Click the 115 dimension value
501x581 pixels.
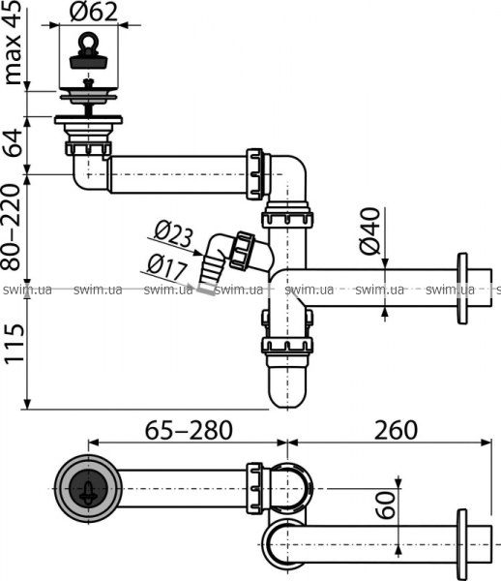pos(15,344)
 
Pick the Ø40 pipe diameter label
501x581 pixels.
pos(369,231)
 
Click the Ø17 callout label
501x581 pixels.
pos(166,266)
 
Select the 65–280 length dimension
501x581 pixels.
pos(189,430)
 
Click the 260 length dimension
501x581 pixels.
pos(396,430)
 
